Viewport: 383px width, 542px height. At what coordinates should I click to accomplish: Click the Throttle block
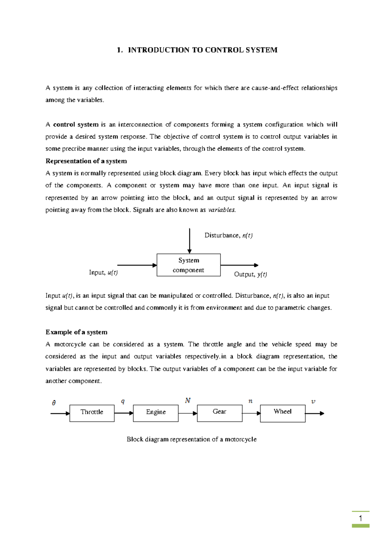pos(92,413)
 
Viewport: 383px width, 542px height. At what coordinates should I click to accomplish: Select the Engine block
pos(156,413)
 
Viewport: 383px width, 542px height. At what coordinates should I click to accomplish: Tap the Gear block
pos(220,413)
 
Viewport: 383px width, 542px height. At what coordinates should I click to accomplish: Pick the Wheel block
pos(282,413)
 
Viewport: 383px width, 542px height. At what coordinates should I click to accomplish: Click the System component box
pos(189,265)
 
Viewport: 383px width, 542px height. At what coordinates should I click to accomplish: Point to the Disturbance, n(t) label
pos(229,236)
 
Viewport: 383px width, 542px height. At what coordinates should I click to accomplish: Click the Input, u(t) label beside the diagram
pos(103,273)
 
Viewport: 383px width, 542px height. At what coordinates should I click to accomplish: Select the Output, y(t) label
pos(251,275)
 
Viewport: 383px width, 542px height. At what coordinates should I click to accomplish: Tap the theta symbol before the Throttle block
pos(54,403)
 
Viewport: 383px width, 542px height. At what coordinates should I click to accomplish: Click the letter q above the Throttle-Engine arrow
pos(123,402)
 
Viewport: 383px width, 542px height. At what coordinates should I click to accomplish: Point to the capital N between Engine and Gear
pos(188,401)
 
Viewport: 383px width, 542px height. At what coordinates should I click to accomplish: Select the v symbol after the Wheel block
pos(313,402)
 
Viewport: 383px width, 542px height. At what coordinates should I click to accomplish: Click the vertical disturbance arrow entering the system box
pos(190,241)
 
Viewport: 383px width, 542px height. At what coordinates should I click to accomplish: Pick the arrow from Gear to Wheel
pos(251,413)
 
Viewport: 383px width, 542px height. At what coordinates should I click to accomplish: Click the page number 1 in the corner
pos(360,518)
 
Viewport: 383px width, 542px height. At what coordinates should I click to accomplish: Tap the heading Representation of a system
pos(86,161)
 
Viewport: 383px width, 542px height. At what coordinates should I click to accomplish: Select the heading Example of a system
pos(77,332)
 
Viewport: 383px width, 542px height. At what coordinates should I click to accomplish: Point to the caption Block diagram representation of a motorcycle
pos(191,440)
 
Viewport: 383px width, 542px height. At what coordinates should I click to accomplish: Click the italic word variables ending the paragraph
pos(222,210)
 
